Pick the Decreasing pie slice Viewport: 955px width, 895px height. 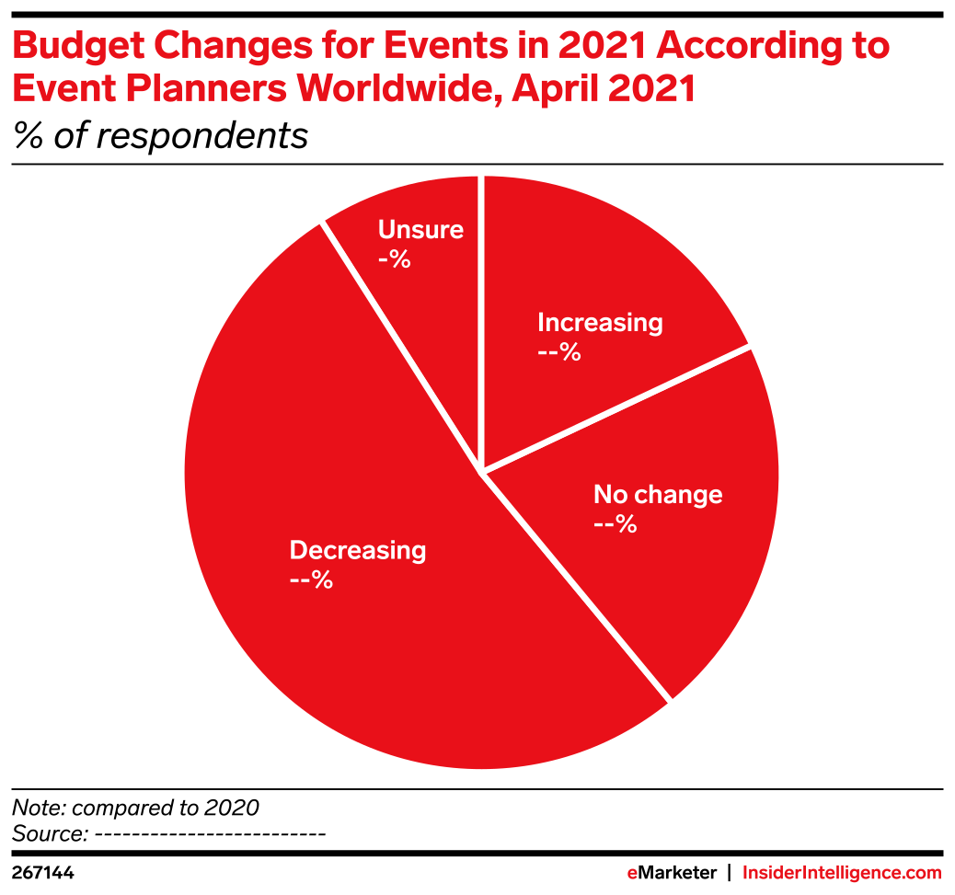pos(368,644)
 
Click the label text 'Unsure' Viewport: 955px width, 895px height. pos(420,230)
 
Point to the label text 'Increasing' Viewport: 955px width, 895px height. pos(599,323)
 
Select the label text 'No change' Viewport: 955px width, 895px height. pos(657,495)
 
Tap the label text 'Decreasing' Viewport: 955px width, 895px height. pos(357,550)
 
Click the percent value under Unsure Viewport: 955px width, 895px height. pos(394,259)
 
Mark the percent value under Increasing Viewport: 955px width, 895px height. pos(558,352)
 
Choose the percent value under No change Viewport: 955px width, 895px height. pos(615,524)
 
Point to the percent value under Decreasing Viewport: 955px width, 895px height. pos(310,580)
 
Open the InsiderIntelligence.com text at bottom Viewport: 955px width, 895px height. pos(842,872)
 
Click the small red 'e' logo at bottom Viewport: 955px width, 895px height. pos(631,873)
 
